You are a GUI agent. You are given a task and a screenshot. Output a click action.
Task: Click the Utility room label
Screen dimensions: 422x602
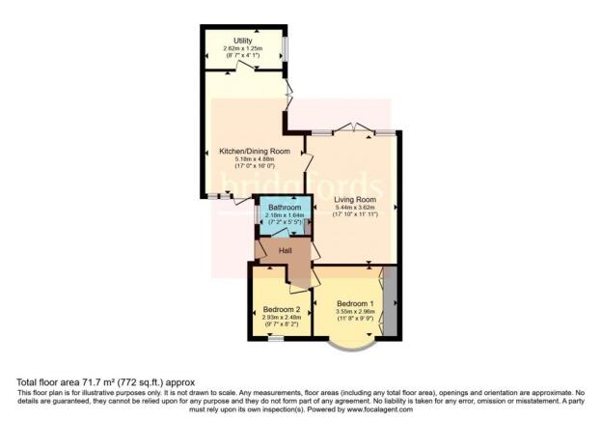243,42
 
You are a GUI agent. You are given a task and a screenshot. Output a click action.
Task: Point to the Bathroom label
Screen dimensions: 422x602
285,208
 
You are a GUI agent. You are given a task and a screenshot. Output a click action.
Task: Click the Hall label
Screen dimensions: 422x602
286,251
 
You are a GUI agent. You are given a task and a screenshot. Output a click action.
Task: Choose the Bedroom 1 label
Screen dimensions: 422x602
354,303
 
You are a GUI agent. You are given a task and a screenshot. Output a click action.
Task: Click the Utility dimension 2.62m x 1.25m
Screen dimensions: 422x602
243,50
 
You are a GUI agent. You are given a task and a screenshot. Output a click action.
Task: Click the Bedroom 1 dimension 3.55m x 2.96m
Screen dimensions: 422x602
354,312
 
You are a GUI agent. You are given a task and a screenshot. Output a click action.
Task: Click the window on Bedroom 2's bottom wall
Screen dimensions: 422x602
276,338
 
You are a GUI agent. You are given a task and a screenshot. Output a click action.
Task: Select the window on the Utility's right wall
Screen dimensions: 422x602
286,50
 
